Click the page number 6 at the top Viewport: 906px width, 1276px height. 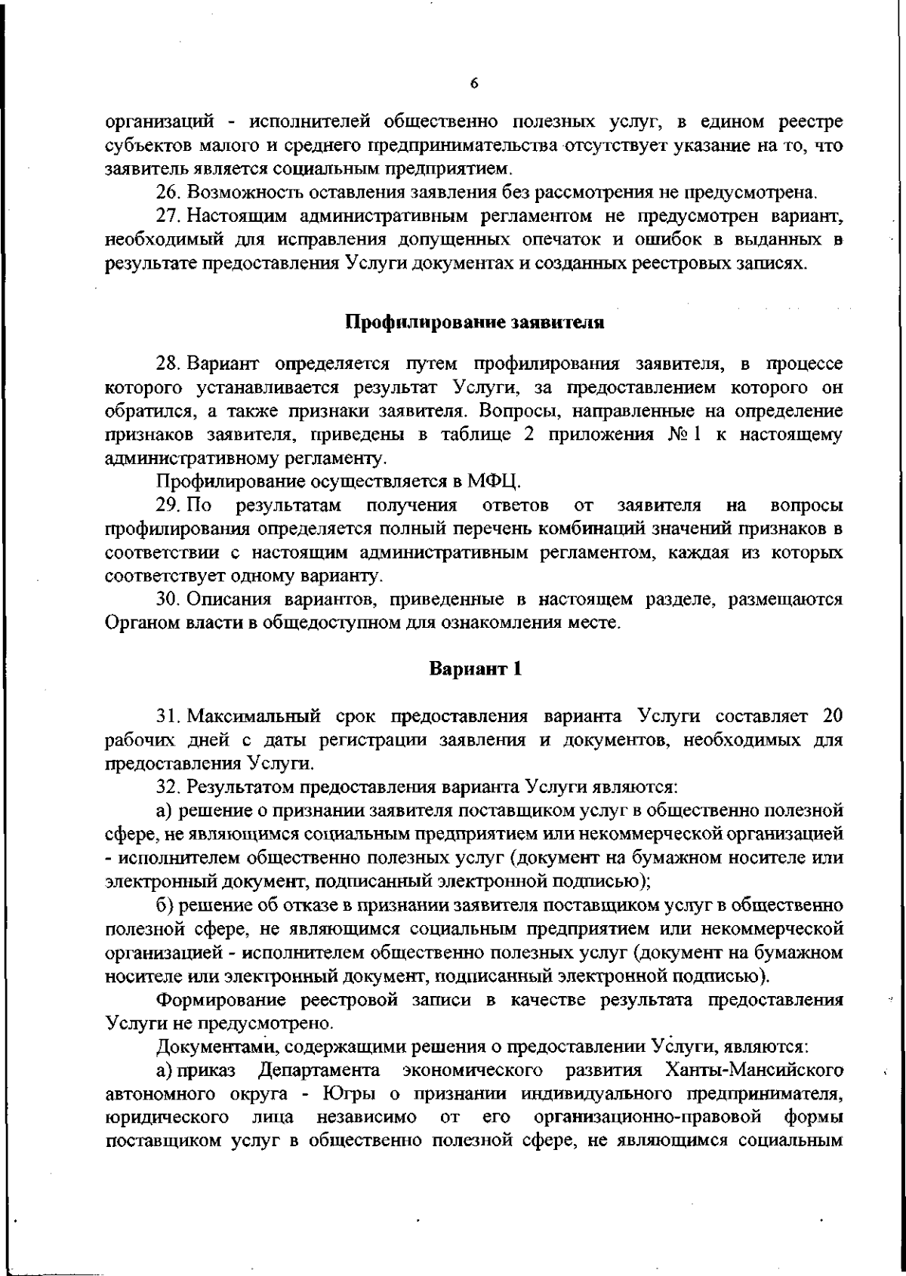click(473, 85)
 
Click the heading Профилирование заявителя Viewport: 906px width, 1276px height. click(475, 323)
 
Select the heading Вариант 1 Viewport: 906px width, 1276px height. click(476, 669)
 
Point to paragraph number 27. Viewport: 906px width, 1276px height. click(167, 217)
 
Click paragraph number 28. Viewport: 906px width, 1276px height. click(167, 365)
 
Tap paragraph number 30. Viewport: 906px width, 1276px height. click(167, 600)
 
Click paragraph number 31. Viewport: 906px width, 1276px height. click(167, 715)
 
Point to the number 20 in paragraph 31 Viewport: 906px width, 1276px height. click(830, 715)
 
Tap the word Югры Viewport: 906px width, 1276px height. click(346, 1094)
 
